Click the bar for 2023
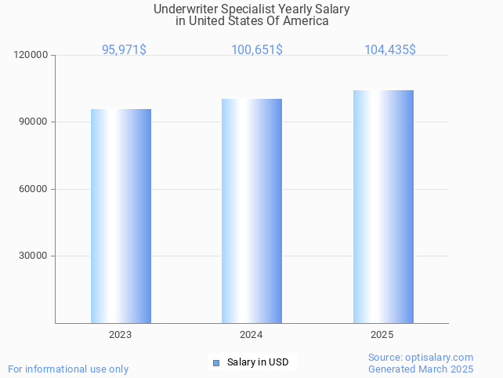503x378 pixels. (x=121, y=216)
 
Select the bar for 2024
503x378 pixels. (x=251, y=211)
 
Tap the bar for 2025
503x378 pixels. (x=383, y=206)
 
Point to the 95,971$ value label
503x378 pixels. (x=124, y=49)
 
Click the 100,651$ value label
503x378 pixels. (x=257, y=49)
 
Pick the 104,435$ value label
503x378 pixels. (x=389, y=49)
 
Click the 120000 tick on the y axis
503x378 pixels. (x=32, y=56)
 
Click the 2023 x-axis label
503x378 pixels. (x=121, y=335)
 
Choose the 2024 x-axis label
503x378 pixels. (x=251, y=335)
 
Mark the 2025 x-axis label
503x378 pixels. (x=382, y=335)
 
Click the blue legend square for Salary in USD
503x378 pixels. (x=216, y=362)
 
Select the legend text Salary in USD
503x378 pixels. (x=258, y=362)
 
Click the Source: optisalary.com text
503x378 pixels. (x=421, y=357)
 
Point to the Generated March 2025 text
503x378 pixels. (x=421, y=369)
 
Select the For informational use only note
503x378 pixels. (x=68, y=369)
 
